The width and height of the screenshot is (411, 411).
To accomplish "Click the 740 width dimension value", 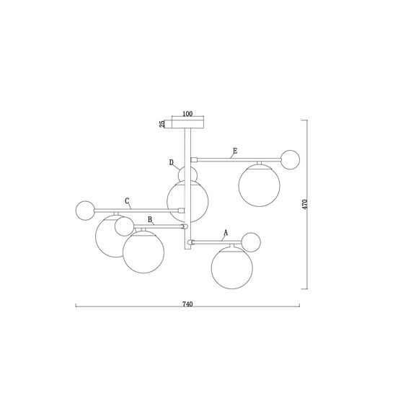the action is pyautogui.click(x=187, y=304).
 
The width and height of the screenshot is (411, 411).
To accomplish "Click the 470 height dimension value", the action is pyautogui.click(x=304, y=204).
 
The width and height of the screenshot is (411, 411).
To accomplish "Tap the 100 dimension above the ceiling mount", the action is pyautogui.click(x=187, y=114).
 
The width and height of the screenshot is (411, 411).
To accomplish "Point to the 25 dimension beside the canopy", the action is pyautogui.click(x=162, y=124).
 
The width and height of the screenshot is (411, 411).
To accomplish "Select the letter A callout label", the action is pyautogui.click(x=226, y=232).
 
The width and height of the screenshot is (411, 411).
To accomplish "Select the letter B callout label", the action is pyautogui.click(x=150, y=219).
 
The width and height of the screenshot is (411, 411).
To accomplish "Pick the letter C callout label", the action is pyautogui.click(x=127, y=201).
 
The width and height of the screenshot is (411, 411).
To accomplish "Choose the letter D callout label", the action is pyautogui.click(x=172, y=162).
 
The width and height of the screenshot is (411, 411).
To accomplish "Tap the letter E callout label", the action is pyautogui.click(x=235, y=151).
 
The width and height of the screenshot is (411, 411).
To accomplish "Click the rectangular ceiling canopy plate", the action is pyautogui.click(x=187, y=124).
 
